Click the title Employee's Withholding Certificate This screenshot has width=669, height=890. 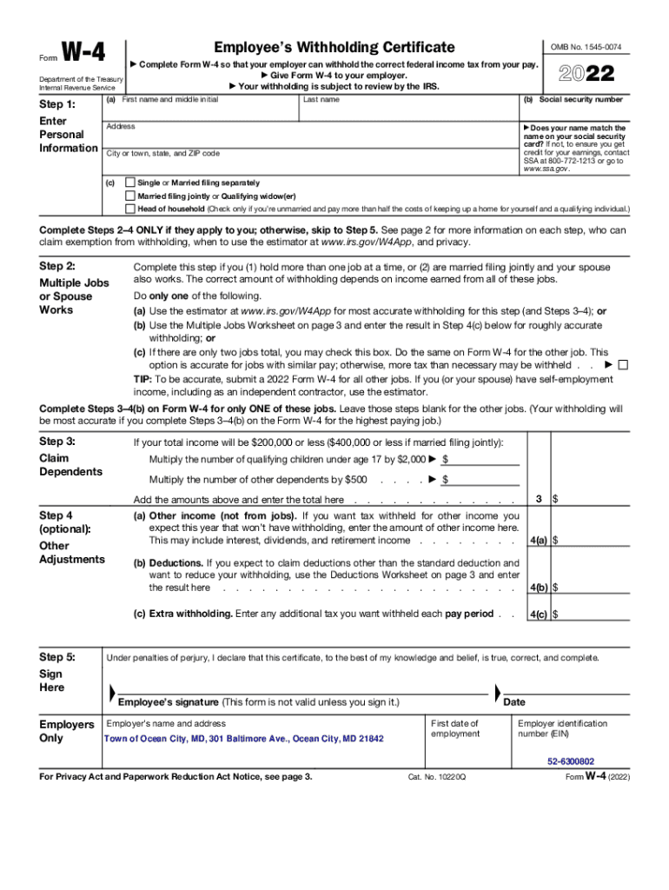pyautogui.click(x=334, y=47)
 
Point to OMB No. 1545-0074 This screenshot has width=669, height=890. pyautogui.click(x=586, y=46)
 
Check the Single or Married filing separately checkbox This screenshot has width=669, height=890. pyautogui.click(x=130, y=183)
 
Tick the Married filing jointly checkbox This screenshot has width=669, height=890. pyautogui.click(x=130, y=196)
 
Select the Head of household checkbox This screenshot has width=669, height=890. pyautogui.click(x=130, y=209)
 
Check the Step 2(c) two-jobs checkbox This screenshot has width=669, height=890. pyautogui.click(x=622, y=365)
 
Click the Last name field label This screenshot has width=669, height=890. pyautogui.click(x=321, y=100)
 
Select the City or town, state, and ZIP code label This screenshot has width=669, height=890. pyautogui.click(x=162, y=154)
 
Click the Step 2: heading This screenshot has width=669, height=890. pyautogui.click(x=57, y=266)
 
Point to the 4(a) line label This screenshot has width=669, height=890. pyautogui.click(x=538, y=541)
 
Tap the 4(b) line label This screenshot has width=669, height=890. pyautogui.click(x=538, y=588)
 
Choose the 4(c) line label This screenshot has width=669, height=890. pyautogui.click(x=538, y=614)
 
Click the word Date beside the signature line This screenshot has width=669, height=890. pyautogui.click(x=514, y=702)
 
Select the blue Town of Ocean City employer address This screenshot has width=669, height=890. pyautogui.click(x=243, y=740)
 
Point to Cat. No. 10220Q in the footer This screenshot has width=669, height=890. pyautogui.click(x=437, y=777)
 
